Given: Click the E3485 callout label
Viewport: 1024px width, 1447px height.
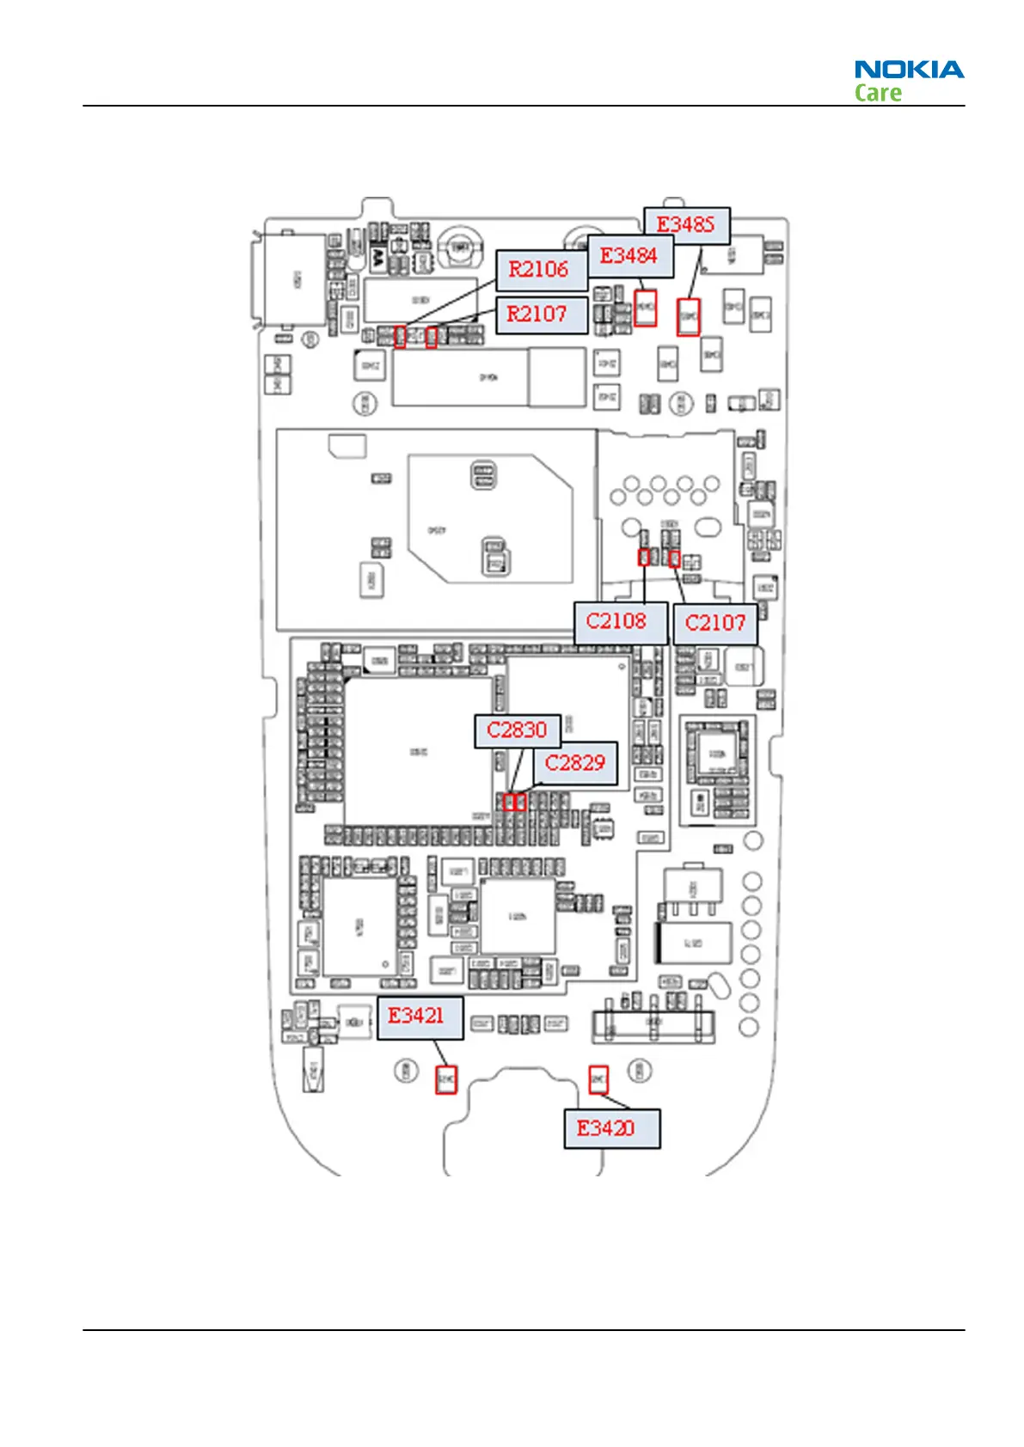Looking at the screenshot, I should [x=686, y=225].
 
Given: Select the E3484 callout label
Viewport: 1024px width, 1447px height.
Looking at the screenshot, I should [x=629, y=256].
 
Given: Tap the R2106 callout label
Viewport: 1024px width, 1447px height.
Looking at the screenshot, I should [x=540, y=270].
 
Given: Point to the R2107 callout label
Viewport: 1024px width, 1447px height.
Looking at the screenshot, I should [x=539, y=314].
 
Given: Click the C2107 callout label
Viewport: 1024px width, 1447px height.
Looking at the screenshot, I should [x=715, y=623].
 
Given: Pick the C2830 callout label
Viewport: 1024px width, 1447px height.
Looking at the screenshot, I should [x=518, y=730].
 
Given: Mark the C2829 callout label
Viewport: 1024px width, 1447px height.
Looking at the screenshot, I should [x=576, y=763].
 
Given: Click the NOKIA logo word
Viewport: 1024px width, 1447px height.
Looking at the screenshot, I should [x=909, y=70].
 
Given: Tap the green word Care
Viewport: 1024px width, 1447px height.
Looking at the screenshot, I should [x=878, y=93].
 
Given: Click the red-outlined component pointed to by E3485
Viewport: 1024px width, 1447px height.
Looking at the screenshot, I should [x=689, y=317].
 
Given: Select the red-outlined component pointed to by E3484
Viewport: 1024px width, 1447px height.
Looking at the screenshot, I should [x=646, y=308].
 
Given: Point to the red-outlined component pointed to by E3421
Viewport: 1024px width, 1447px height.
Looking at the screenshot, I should [x=445, y=1078].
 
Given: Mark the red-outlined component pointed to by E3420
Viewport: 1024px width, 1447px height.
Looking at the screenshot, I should [x=598, y=1080].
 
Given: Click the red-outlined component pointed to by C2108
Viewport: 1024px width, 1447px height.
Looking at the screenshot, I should [x=644, y=558].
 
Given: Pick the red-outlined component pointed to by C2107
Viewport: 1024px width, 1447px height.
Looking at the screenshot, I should [x=674, y=559].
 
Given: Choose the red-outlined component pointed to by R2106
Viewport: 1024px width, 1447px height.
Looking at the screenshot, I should [x=400, y=337].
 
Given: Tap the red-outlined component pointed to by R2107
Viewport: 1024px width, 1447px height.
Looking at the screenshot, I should [x=432, y=337].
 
